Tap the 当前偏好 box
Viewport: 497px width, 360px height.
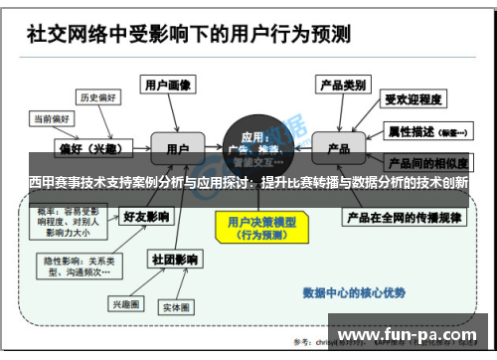point(52,117)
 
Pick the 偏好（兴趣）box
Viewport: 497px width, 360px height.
point(83,149)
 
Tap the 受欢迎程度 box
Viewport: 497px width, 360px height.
point(413,99)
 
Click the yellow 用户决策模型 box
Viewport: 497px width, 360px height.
point(253,228)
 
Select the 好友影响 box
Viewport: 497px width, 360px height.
point(145,216)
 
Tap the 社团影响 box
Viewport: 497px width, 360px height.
point(170,260)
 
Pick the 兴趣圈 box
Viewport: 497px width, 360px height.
point(127,303)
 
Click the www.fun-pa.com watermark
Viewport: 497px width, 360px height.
point(409,335)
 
